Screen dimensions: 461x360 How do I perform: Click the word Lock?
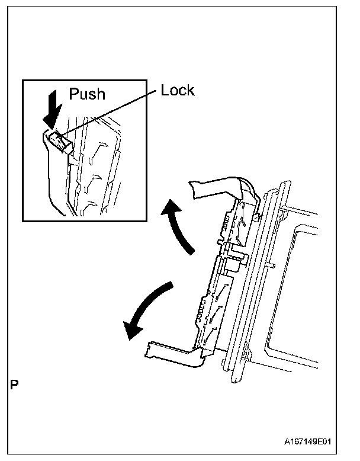pos(178,91)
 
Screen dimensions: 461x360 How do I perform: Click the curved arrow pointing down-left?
pos(148,311)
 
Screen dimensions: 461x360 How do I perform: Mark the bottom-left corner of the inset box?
pos(22,220)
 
